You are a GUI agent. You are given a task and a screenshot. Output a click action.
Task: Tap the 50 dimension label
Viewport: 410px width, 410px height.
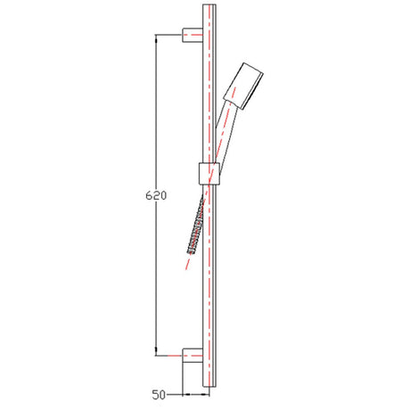pyautogui.click(x=160, y=390)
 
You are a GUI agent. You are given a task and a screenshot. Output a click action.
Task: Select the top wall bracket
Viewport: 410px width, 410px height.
pyautogui.click(x=192, y=37)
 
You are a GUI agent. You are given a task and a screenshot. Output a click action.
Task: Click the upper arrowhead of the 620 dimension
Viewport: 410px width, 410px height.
pyautogui.click(x=158, y=39)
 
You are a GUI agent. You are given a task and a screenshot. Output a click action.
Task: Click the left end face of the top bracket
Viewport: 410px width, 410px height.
pyautogui.click(x=183, y=37)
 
